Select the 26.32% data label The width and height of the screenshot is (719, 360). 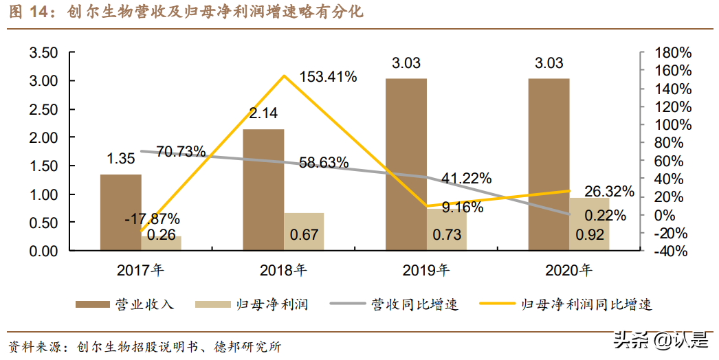click(609, 192)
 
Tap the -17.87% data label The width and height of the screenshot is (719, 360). click(153, 220)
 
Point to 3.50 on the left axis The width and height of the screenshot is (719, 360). click(43, 53)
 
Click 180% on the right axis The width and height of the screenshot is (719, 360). click(672, 53)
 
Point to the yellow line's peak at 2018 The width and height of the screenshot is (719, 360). click(283, 76)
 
